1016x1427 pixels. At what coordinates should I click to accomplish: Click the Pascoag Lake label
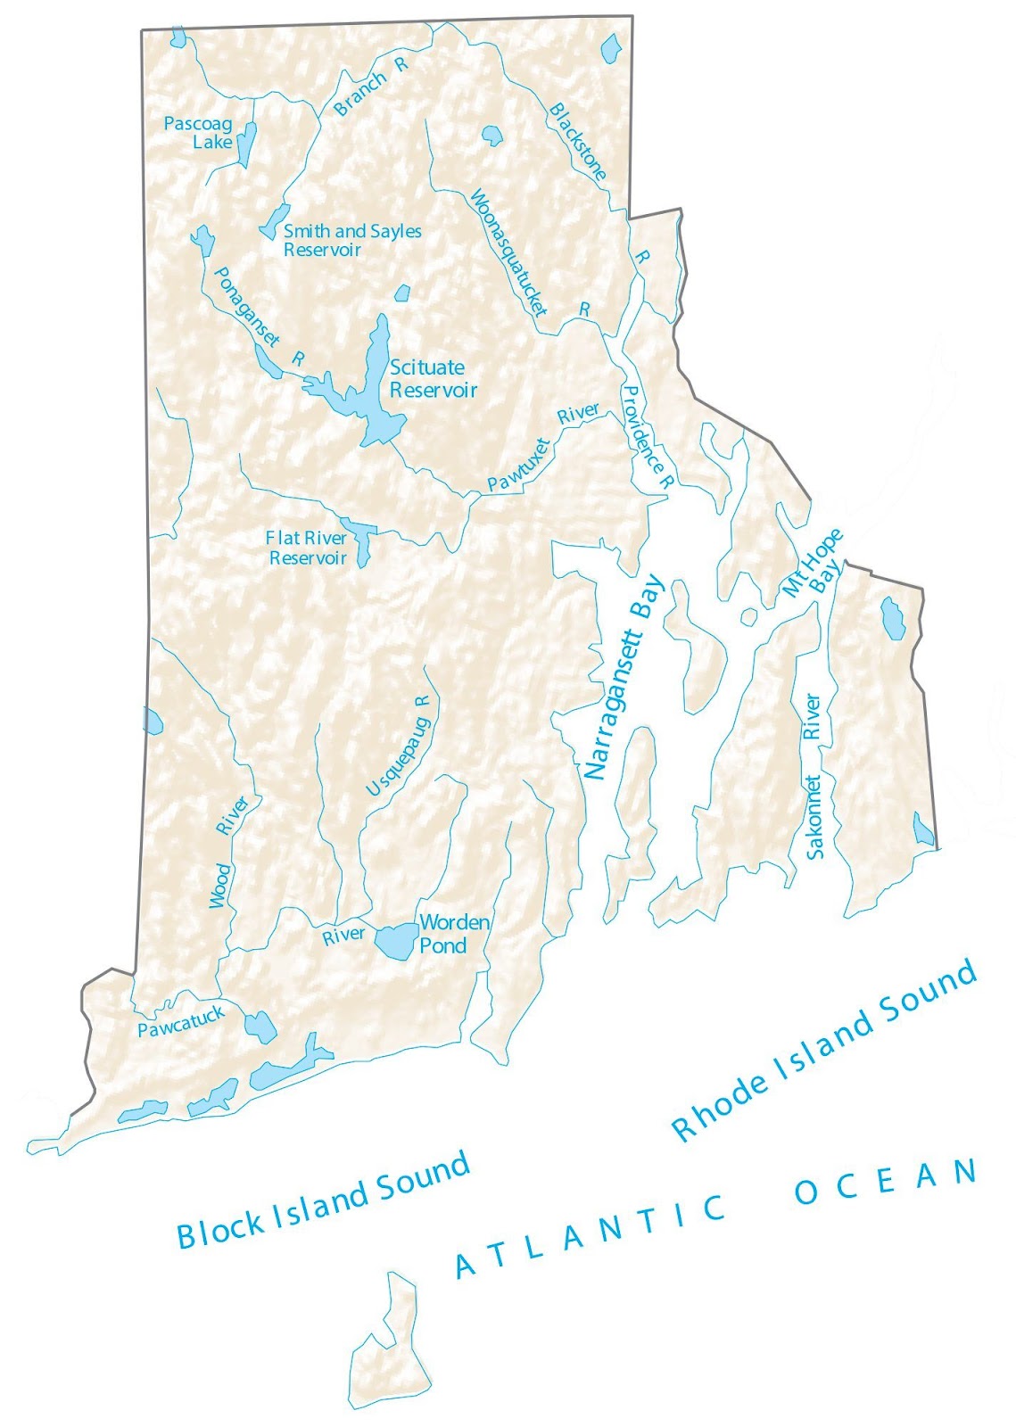point(198,132)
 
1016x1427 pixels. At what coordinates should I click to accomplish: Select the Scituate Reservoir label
point(432,378)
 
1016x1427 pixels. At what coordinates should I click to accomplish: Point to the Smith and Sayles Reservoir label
point(351,240)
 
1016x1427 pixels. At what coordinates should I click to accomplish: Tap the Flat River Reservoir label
point(306,548)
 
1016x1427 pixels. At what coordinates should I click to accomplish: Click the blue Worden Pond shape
point(394,940)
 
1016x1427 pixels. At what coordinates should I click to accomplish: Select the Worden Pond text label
point(453,933)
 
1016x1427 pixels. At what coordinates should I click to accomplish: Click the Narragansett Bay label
point(624,678)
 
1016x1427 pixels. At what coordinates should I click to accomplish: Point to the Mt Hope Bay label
point(812,574)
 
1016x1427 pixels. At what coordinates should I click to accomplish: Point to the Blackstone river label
point(578,141)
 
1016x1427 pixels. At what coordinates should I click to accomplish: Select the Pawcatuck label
point(181,1022)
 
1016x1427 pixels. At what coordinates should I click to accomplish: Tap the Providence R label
point(646,436)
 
